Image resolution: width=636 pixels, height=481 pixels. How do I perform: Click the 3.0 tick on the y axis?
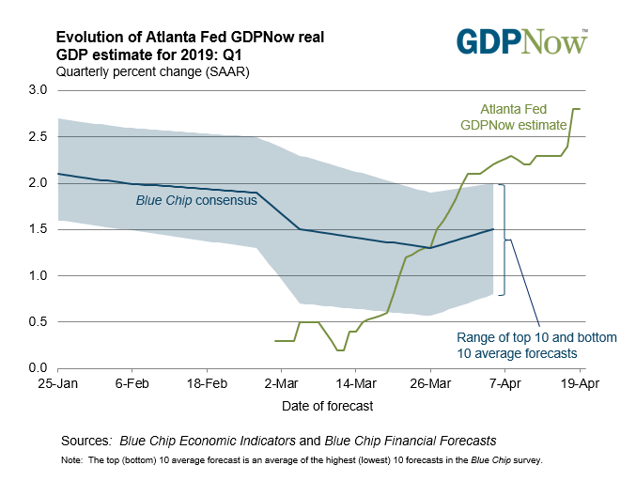tap(39, 90)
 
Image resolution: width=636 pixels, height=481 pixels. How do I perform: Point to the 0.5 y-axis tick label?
tap(39, 321)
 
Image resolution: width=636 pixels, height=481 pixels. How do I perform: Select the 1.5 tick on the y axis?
tap(39, 229)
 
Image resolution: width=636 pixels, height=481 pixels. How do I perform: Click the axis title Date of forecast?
tap(328, 406)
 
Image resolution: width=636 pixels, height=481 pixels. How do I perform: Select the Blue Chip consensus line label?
tap(194, 200)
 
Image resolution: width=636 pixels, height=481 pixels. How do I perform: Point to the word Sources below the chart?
tap(86, 441)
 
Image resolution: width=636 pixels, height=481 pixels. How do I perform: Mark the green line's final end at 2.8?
tap(579, 109)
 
